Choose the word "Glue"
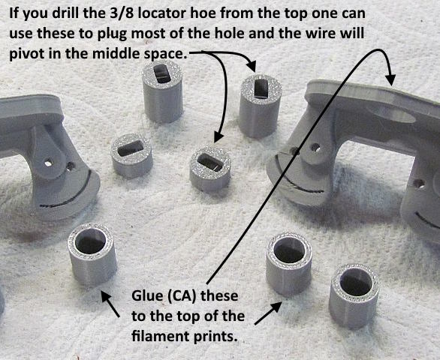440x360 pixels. [x=147, y=296]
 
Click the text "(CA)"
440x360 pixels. [x=180, y=297]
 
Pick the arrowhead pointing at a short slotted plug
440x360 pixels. [x=218, y=137]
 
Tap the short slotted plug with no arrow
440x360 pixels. [x=131, y=156]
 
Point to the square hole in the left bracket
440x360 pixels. [x=48, y=163]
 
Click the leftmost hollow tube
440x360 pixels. [x=92, y=254]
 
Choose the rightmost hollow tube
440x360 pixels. [x=354, y=296]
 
